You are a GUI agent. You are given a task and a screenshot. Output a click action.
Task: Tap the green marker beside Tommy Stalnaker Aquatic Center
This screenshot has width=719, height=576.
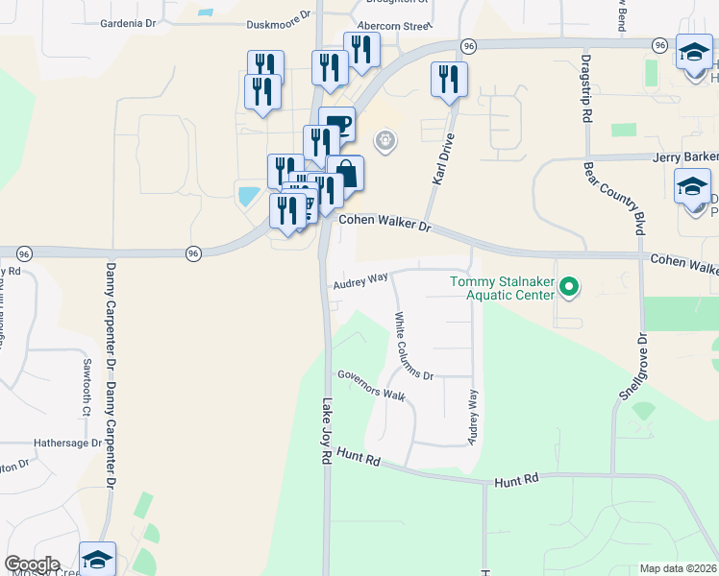[x=569, y=286]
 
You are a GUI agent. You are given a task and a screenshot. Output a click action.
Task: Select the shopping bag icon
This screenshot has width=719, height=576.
[x=346, y=175]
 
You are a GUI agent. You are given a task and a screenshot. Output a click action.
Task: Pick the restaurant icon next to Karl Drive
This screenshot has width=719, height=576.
[x=449, y=80]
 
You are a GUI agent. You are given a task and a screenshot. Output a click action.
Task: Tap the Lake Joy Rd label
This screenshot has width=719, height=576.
[x=326, y=433]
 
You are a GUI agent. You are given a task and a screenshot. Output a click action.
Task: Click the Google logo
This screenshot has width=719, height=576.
[x=33, y=564]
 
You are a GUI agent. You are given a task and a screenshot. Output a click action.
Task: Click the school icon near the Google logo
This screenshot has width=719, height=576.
[x=97, y=559]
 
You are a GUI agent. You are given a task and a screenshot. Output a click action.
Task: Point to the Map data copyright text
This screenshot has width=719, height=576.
[x=678, y=568]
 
